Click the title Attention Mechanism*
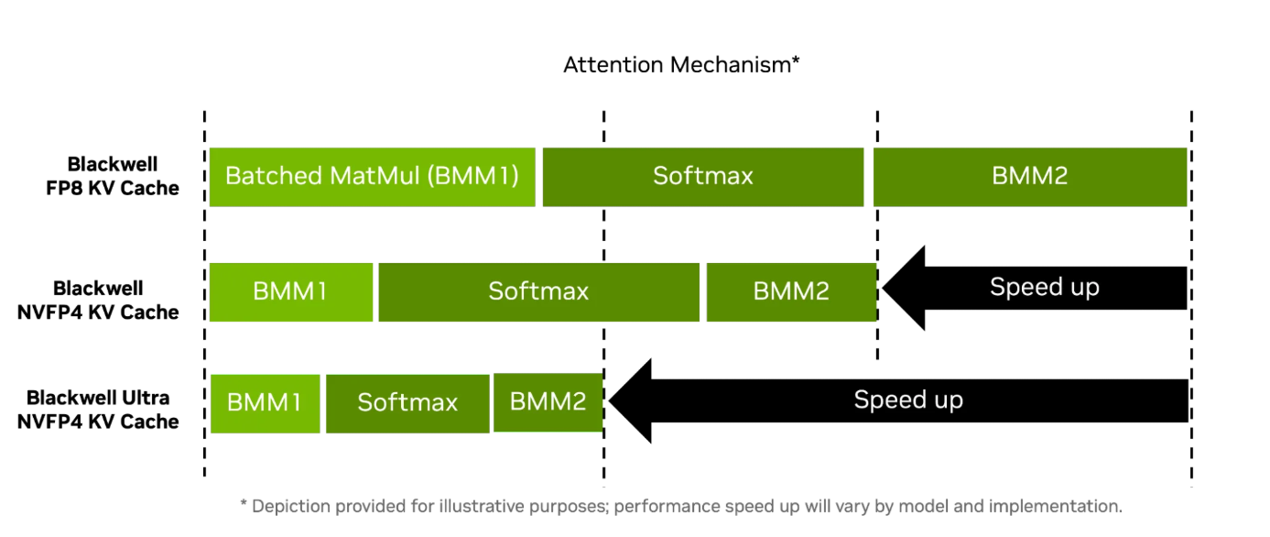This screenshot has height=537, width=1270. coord(681,65)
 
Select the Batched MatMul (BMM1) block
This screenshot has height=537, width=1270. coord(372,176)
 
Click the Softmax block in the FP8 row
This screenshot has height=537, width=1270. coord(702,176)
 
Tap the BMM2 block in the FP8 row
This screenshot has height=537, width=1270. coord(1029,176)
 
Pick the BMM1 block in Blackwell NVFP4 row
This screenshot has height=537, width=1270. coord(290,291)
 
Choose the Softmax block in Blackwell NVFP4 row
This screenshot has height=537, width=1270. coord(538,291)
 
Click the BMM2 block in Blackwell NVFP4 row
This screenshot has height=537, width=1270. coord(790,291)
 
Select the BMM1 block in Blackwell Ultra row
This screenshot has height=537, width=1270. coord(265,402)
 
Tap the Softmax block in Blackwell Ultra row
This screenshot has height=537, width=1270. coord(407,402)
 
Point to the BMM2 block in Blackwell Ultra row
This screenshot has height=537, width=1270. coord(548,401)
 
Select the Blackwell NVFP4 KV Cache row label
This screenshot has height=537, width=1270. coord(99,301)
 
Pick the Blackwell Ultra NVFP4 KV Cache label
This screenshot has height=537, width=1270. coord(103,410)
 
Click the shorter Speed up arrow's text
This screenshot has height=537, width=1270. coord(1044,288)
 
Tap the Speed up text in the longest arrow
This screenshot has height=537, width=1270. coord(908,400)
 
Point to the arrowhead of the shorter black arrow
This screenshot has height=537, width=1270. coord(905,289)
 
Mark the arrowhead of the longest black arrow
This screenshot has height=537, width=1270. coord(631,401)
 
